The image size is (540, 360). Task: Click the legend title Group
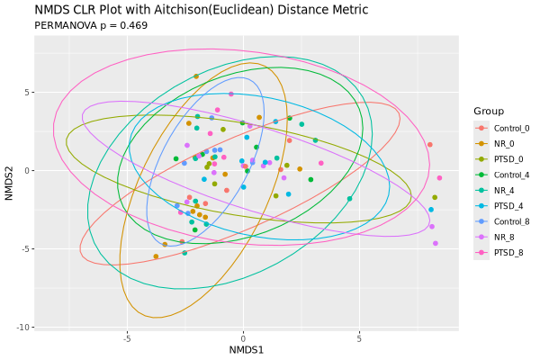click(488, 111)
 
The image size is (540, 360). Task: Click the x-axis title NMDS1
click(246, 349)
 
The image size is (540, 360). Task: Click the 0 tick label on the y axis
click(27, 170)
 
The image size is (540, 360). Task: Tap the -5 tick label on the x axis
click(127, 338)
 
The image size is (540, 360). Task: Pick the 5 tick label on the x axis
click(359, 338)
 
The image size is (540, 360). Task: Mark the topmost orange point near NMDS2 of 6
click(196, 76)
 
